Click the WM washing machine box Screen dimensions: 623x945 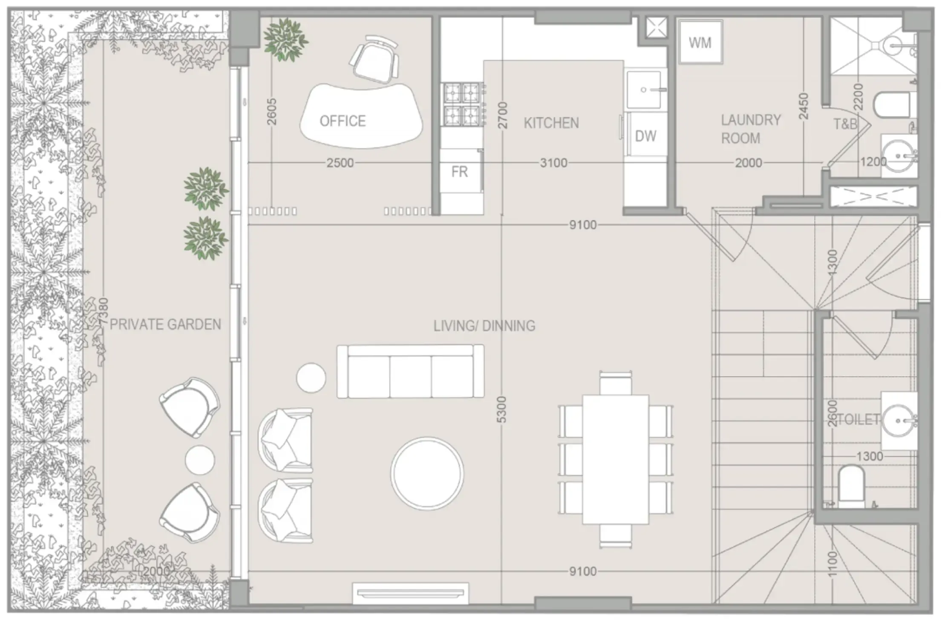tap(700, 42)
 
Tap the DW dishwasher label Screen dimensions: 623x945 tap(645, 136)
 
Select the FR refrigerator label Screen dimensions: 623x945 tap(459, 172)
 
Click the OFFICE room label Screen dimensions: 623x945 tap(343, 121)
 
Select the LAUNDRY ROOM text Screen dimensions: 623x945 tap(750, 129)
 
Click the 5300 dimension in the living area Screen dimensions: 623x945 tap(502, 410)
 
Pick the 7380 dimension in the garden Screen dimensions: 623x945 tap(104, 312)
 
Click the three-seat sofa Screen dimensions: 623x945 tap(410, 372)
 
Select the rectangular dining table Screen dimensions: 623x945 tap(616, 459)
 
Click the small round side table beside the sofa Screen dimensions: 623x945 tap(311, 377)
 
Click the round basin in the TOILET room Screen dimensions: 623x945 tap(898, 421)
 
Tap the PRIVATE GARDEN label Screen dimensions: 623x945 tap(165, 325)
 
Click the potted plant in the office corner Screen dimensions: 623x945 tap(285, 40)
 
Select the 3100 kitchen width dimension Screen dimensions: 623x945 tap(553, 163)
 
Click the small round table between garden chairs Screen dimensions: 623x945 tap(200, 460)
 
